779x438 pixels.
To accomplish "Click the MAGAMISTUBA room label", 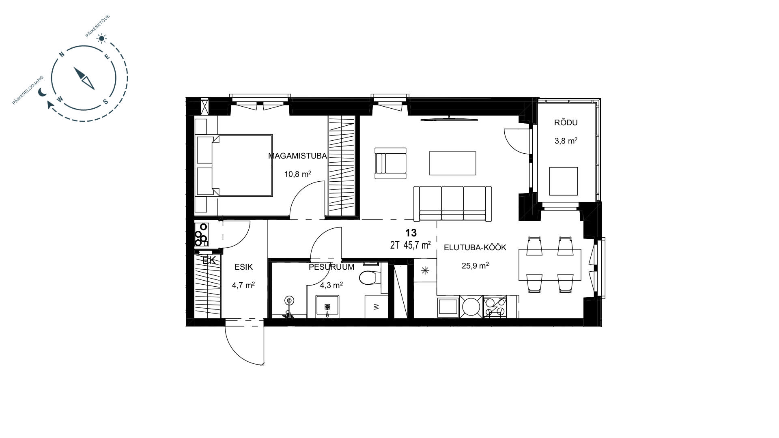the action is point(297,156).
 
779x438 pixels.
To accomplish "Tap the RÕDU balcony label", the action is point(566,122).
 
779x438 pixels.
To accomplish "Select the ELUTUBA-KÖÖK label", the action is point(475,247).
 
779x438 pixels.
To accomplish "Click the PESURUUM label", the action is point(331,267).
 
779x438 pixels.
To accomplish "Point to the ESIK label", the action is point(243,267).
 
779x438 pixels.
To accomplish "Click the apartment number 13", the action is point(411,233).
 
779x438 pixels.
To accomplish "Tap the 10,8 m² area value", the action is point(298,174).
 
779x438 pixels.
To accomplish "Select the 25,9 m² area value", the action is point(475,266).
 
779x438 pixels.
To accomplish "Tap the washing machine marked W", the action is point(376,307).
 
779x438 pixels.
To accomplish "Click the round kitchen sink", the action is point(471,307).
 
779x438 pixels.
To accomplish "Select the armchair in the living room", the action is point(390,163).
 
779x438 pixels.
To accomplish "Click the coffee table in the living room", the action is point(452,163).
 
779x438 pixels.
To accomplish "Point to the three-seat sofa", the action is point(452,204).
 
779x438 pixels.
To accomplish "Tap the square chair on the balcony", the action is point(564,181).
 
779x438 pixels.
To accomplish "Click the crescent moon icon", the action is point(42,93).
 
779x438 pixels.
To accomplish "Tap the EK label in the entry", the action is point(209,260).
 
